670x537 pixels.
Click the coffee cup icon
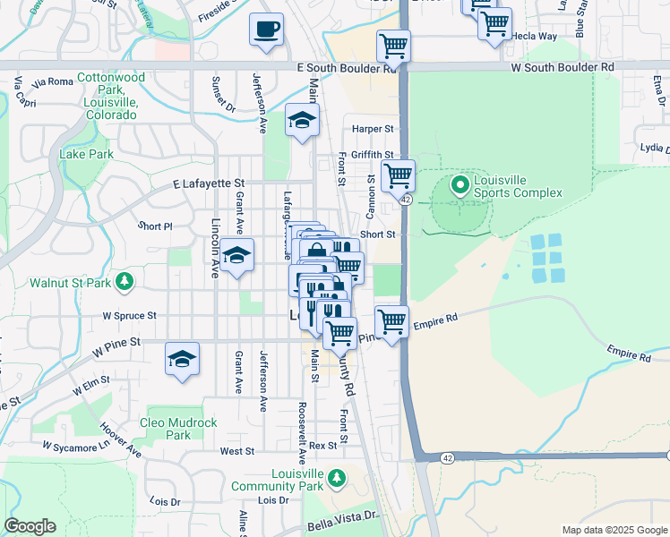pyautogui.click(x=266, y=30)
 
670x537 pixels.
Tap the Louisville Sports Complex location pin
pyautogui.click(x=460, y=186)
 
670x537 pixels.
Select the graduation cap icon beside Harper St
pyautogui.click(x=303, y=120)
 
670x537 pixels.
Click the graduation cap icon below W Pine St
pyautogui.click(x=182, y=360)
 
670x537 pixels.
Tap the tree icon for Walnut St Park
pyautogui.click(x=125, y=283)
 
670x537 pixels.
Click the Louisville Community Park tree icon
pyautogui.click(x=337, y=480)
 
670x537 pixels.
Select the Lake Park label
pyautogui.click(x=86, y=154)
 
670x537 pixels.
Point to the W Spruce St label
pyautogui.click(x=129, y=316)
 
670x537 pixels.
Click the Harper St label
pyautogui.click(x=373, y=129)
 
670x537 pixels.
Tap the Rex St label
pyautogui.click(x=325, y=445)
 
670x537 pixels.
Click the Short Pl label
pyautogui.click(x=154, y=226)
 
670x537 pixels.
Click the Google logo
pyautogui.click(x=30, y=526)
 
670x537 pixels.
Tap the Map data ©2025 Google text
pyautogui.click(x=614, y=530)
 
